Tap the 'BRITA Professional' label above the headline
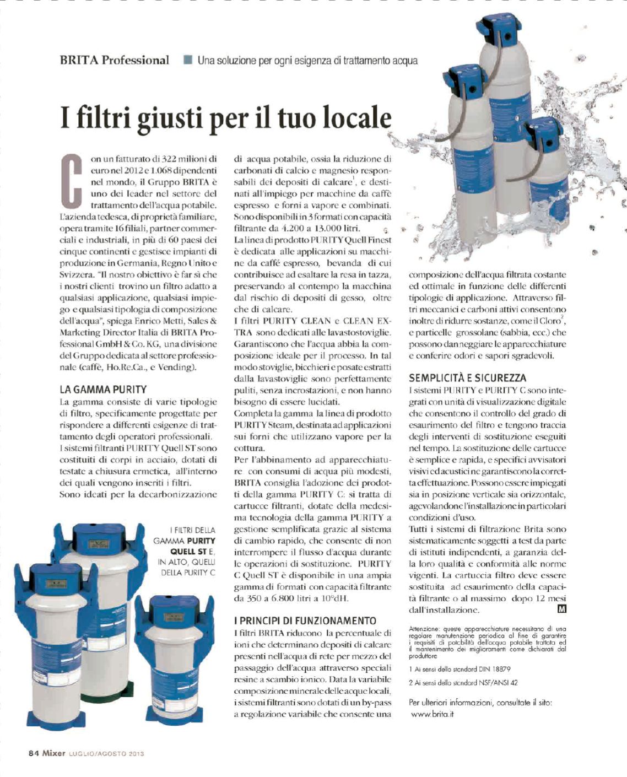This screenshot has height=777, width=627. pyautogui.click(x=115, y=60)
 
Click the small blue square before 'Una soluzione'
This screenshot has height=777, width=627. pyautogui.click(x=188, y=60)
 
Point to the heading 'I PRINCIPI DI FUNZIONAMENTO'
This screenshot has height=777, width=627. pyautogui.click(x=305, y=621)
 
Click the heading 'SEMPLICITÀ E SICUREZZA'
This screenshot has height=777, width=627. pyautogui.click(x=467, y=378)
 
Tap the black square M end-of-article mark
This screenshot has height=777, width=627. pyautogui.click(x=561, y=609)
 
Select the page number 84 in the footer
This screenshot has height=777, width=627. pyautogui.click(x=34, y=753)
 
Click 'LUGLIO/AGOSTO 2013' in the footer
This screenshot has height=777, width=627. pyautogui.click(x=106, y=754)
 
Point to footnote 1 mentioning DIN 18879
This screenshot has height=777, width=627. pyautogui.click(x=452, y=668)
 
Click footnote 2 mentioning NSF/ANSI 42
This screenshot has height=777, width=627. pyautogui.click(x=455, y=683)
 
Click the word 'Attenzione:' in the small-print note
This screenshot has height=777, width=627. pyautogui.click(x=424, y=628)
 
